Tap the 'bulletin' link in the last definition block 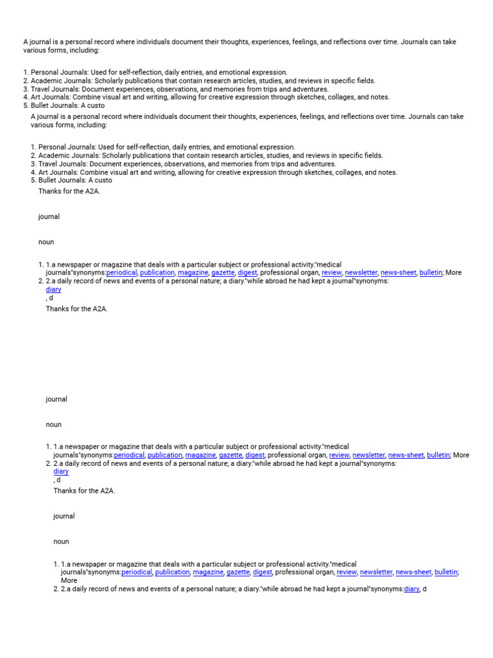click(x=446, y=572)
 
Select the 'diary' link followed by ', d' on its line click(x=411, y=589)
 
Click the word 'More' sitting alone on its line click(x=69, y=580)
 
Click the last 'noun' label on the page click(x=61, y=542)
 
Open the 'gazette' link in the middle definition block click(x=230, y=455)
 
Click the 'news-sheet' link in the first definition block click(x=399, y=272)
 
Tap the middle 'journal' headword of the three click(x=56, y=399)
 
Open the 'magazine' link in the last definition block click(x=208, y=572)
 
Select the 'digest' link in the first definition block click(x=247, y=272)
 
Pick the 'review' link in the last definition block click(x=347, y=572)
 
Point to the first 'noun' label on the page click(x=46, y=242)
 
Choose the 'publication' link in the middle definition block click(x=165, y=455)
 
